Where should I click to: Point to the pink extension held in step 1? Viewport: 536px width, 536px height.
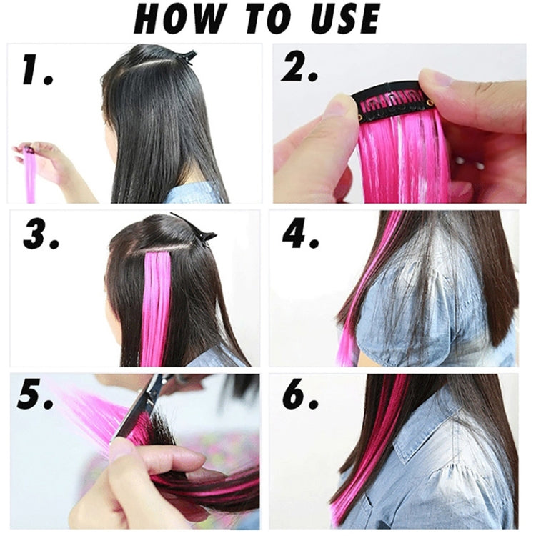[30, 175]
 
